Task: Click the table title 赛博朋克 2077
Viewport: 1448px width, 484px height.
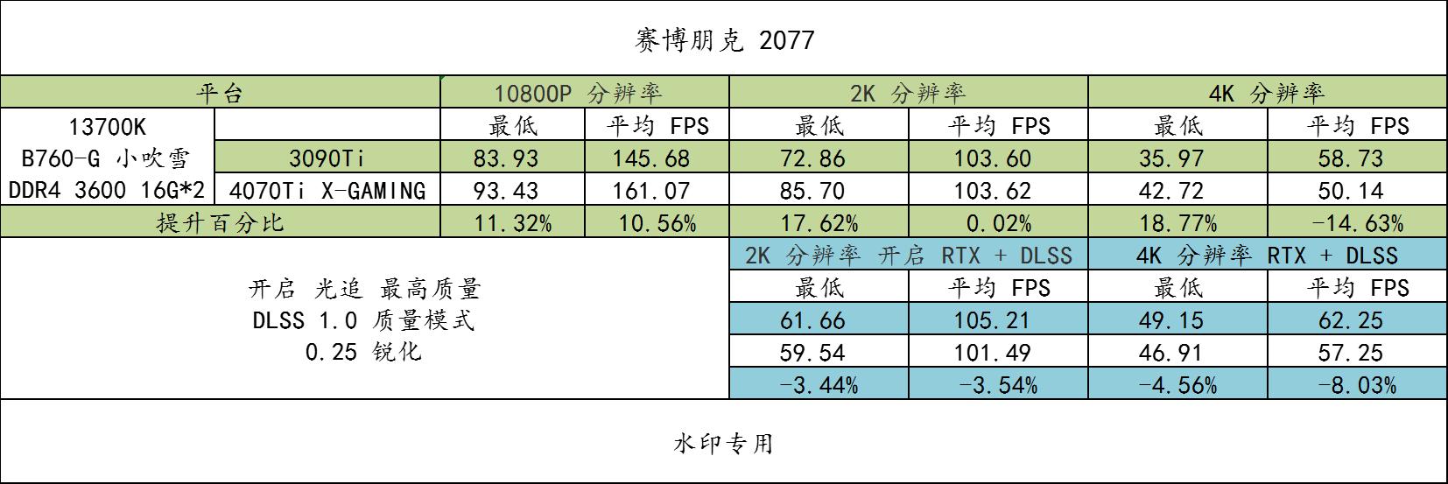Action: click(723, 40)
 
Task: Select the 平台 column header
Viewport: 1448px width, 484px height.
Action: click(220, 93)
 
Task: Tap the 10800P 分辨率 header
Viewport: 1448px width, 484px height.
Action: click(584, 93)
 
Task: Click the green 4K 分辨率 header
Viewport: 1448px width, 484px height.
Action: click(1266, 93)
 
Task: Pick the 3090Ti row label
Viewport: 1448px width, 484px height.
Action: click(327, 158)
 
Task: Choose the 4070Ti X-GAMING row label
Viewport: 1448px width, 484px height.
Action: click(327, 191)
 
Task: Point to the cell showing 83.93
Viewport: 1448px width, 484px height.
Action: click(512, 158)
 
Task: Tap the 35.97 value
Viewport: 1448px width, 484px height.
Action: click(1177, 158)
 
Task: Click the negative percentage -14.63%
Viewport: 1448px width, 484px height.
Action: click(1357, 223)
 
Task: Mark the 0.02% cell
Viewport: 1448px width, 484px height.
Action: click(998, 223)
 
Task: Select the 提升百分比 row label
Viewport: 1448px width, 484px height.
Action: click(220, 222)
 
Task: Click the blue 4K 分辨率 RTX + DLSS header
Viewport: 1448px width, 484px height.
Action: click(1266, 256)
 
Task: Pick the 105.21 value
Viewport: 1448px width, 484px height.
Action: click(998, 320)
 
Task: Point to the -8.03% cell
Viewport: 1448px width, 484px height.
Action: click(1357, 385)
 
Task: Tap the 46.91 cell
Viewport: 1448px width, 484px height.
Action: click(1177, 353)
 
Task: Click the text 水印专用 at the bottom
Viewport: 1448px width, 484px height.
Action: click(723, 444)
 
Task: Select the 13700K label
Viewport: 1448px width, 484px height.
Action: click(108, 126)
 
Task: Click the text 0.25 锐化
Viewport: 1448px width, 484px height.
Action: click(363, 353)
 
